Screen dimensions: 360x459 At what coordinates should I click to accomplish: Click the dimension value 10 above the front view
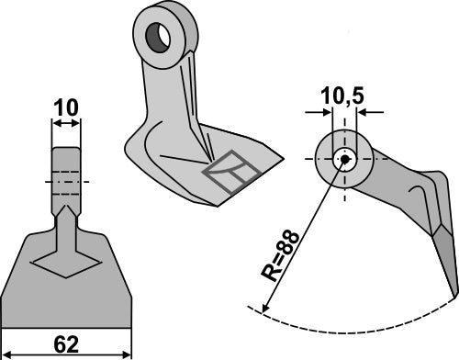(65, 108)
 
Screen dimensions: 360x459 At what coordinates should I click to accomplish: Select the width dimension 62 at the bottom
(65, 346)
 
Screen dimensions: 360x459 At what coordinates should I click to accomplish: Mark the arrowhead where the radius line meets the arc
(264, 309)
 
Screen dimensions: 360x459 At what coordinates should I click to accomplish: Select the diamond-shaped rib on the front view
(65, 262)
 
